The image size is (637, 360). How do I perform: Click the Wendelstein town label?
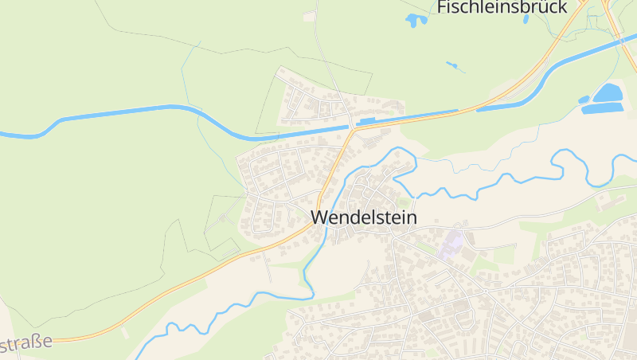point(363,217)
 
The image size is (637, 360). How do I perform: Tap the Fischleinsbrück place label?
point(502,7)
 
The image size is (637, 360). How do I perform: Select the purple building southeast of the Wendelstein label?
point(451,242)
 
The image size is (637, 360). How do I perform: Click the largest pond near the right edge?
point(609,93)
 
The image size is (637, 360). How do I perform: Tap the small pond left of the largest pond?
point(584,100)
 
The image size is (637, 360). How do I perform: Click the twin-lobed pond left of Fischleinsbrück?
point(416,20)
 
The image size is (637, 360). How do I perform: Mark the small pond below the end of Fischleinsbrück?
point(526,18)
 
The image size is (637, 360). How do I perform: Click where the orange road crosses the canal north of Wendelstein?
point(351,127)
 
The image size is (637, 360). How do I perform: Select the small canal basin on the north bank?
point(368,122)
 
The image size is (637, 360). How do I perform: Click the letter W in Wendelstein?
point(319,217)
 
